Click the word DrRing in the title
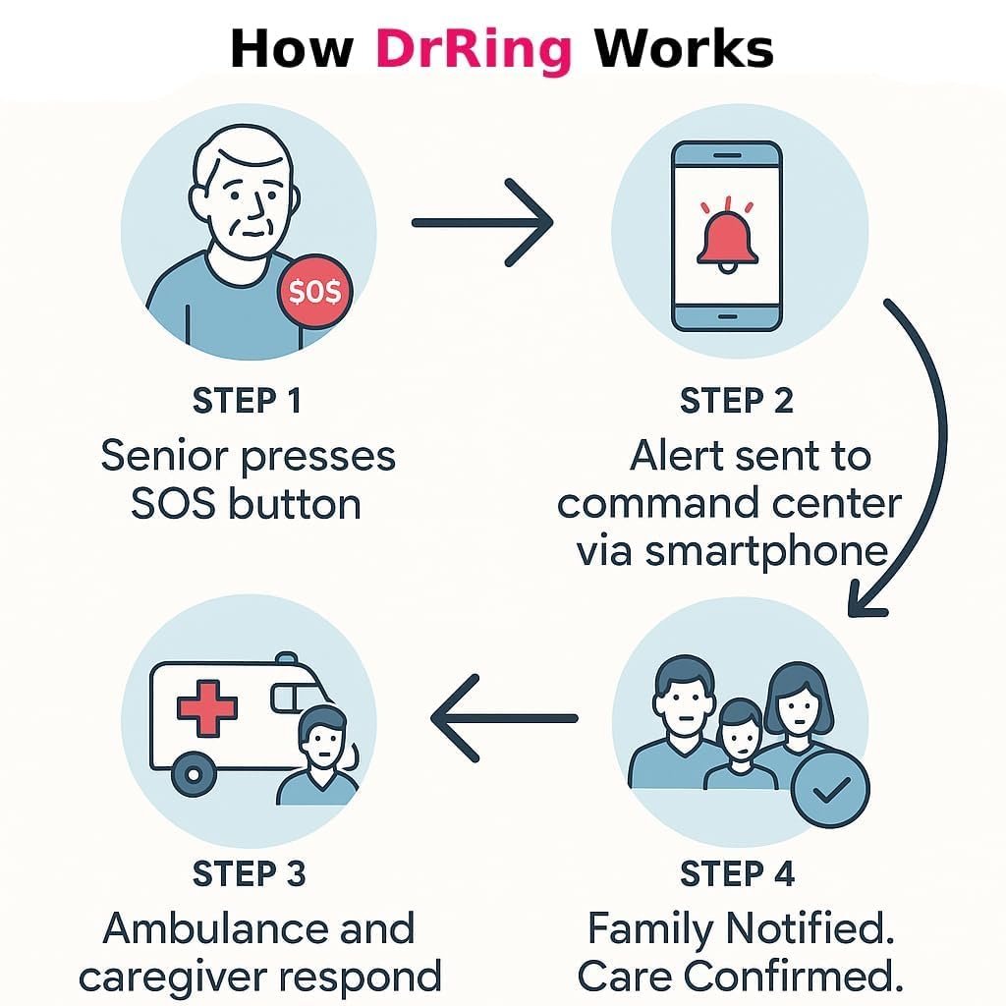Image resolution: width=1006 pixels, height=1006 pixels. [x=474, y=47]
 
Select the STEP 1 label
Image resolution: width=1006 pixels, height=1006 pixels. [x=247, y=401]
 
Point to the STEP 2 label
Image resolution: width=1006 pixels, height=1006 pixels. [x=737, y=401]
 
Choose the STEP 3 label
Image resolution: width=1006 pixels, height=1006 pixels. [x=250, y=873]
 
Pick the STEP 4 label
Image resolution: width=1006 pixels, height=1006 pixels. [x=738, y=873]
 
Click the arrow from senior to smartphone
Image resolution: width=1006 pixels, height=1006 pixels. [x=481, y=223]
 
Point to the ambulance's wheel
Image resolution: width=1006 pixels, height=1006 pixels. [x=195, y=776]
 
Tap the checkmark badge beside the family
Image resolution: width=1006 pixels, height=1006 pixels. [x=830, y=789]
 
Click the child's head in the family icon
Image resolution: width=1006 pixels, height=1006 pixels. [x=740, y=725]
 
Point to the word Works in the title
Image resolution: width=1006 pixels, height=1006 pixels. [x=684, y=47]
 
